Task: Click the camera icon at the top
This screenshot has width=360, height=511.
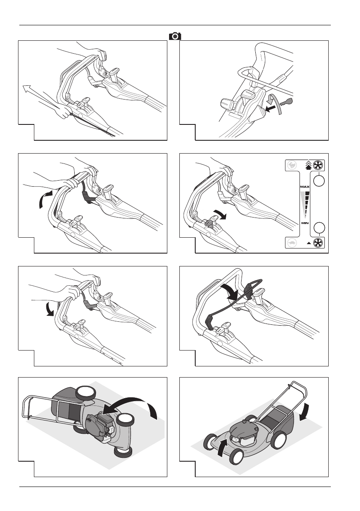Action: point(175,36)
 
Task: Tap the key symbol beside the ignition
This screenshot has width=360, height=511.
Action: point(286,103)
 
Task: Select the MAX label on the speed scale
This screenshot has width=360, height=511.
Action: point(305,187)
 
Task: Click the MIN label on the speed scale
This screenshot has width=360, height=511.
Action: point(305,223)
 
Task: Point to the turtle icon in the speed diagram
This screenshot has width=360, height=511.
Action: point(292,243)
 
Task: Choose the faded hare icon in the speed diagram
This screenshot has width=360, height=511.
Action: point(292,165)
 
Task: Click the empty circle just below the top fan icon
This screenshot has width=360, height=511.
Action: point(319,180)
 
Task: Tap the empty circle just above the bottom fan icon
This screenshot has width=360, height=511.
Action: point(319,228)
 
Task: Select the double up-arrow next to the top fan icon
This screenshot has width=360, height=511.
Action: point(308,165)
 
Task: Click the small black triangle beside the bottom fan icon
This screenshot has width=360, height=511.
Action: point(309,243)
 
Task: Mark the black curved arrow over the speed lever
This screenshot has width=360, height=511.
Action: point(218,215)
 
